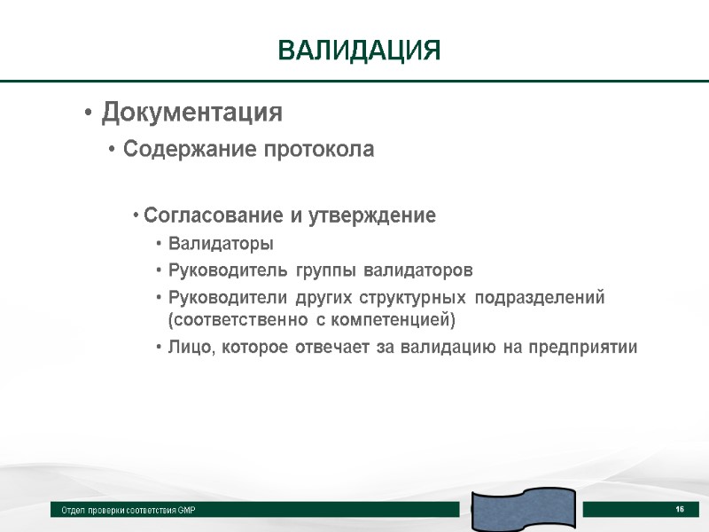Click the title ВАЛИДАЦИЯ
359,50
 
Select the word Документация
191,113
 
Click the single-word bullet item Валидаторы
221,244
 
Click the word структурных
414,297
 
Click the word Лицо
187,347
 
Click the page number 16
680,509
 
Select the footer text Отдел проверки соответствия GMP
129,511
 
